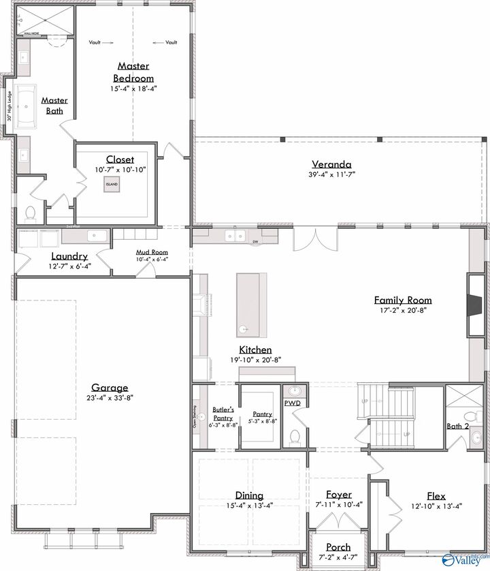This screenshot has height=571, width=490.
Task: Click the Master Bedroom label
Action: tap(134, 72)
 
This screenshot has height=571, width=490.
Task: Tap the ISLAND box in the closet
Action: tap(111, 184)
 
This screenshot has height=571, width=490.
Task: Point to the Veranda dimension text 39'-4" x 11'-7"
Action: tap(331, 174)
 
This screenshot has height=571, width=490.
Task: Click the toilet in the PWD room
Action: tap(295, 436)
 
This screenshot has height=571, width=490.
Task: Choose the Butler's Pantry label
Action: tap(223, 414)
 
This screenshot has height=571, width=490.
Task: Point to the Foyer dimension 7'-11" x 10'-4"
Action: tap(339, 505)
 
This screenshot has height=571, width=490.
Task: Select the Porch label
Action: tap(338, 546)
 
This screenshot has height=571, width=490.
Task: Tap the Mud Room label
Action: tap(152, 252)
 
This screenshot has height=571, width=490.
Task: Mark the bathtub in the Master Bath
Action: tap(27, 108)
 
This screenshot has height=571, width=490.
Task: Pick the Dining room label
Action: tap(249, 495)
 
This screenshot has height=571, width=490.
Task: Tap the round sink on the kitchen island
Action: tap(242, 329)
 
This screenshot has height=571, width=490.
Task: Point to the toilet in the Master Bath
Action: tap(30, 214)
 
